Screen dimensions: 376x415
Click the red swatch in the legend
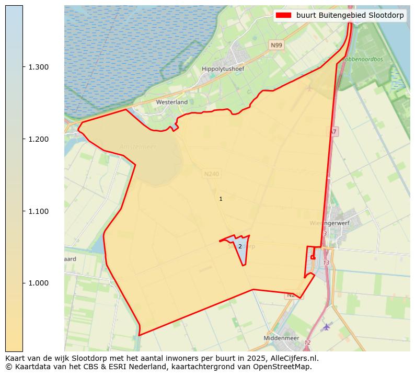[284, 15]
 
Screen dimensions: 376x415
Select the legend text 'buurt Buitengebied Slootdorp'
[350, 15]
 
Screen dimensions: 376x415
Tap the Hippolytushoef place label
[223, 69]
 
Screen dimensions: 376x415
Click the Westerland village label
[171, 102]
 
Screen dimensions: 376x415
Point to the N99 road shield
[276, 45]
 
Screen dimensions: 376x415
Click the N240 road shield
[211, 174]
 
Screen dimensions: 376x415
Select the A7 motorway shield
[333, 132]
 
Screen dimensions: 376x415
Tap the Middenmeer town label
[282, 338]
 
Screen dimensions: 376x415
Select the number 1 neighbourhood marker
[221, 199]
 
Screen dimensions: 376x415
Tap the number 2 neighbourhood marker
[240, 246]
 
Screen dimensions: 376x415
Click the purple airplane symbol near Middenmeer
[327, 327]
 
